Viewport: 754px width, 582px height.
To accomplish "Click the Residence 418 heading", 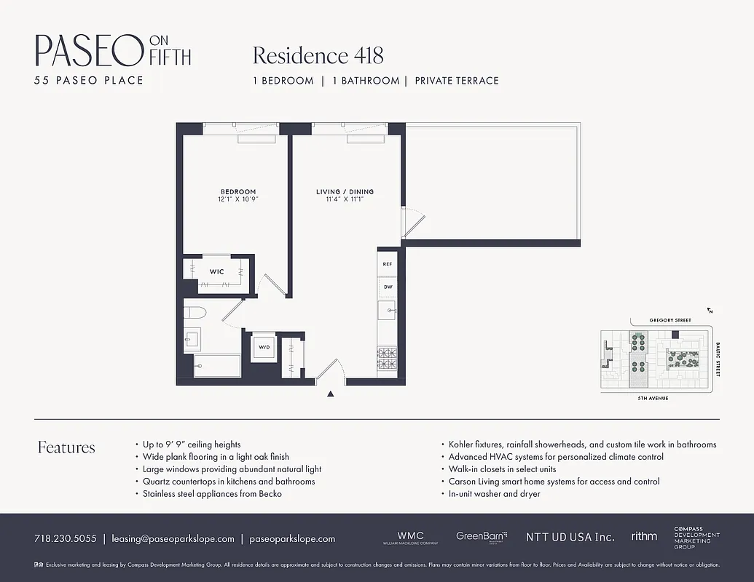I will pyautogui.click(x=318, y=55).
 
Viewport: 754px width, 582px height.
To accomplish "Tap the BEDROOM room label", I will pyautogui.click(x=237, y=192).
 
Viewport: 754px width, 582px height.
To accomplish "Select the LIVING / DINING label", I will pyautogui.click(x=345, y=192).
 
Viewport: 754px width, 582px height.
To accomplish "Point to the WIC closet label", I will pyautogui.click(x=216, y=271).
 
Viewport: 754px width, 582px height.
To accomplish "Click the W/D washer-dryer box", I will pyautogui.click(x=263, y=348).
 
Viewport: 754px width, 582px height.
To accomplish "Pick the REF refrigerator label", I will pyautogui.click(x=388, y=264).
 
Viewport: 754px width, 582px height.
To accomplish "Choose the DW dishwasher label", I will pyautogui.click(x=388, y=287).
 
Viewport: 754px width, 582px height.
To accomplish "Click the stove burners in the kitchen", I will pyautogui.click(x=387, y=358).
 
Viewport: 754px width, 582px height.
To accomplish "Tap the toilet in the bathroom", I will pyautogui.click(x=195, y=314).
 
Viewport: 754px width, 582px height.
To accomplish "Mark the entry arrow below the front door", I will pyautogui.click(x=331, y=394).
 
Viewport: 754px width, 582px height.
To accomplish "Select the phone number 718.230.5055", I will pyautogui.click(x=65, y=539).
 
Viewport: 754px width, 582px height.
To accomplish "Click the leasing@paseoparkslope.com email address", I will pyautogui.click(x=173, y=539).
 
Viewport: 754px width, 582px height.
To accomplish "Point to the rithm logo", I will pyautogui.click(x=644, y=536).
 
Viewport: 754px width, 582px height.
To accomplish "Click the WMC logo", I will pyautogui.click(x=410, y=537).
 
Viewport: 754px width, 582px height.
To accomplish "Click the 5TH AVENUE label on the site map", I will pyautogui.click(x=653, y=399).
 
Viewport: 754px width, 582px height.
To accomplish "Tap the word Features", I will pyautogui.click(x=66, y=447).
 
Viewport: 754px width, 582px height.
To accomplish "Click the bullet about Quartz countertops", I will pyautogui.click(x=229, y=482).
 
